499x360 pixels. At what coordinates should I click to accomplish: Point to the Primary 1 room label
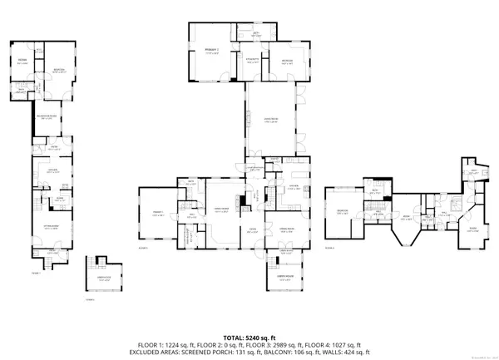(x=156, y=215)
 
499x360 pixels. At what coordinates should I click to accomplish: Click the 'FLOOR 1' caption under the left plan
(x=36, y=272)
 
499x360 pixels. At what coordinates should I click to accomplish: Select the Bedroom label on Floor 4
(x=342, y=211)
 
